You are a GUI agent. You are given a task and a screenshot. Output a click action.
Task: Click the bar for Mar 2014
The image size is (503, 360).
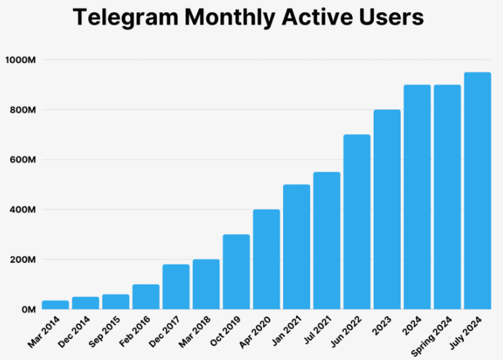[x=55, y=305]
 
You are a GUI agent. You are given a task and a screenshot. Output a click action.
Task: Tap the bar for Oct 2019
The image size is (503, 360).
[x=236, y=272]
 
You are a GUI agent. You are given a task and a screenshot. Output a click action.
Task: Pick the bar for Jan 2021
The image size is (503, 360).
[x=297, y=247]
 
